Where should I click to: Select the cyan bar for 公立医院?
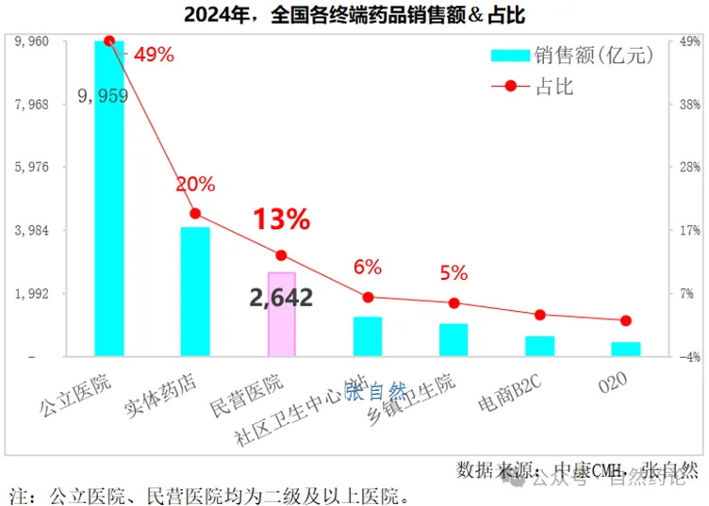pyautogui.click(x=108, y=198)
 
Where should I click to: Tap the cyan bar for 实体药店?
pyautogui.click(x=195, y=291)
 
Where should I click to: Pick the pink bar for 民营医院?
pyautogui.click(x=282, y=314)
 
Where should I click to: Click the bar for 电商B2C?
pyautogui.click(x=539, y=346)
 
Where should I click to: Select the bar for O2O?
pyautogui.click(x=626, y=349)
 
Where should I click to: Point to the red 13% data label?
pyautogui.click(x=281, y=220)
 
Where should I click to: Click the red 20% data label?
pyautogui.click(x=195, y=185)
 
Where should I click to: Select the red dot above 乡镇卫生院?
pyautogui.click(x=453, y=302)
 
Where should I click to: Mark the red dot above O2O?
pyautogui.click(x=626, y=321)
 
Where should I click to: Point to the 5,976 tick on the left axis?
pyautogui.click(x=32, y=167)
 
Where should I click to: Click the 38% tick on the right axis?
pyautogui.click(x=685, y=104)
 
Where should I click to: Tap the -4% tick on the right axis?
pyautogui.click(x=685, y=357)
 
